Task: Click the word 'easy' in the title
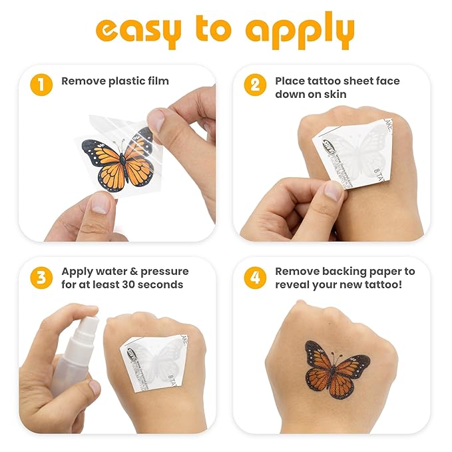point(136,31)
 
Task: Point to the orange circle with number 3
point(41,277)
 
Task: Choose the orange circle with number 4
point(255,277)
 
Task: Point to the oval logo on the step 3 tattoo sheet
point(133,360)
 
